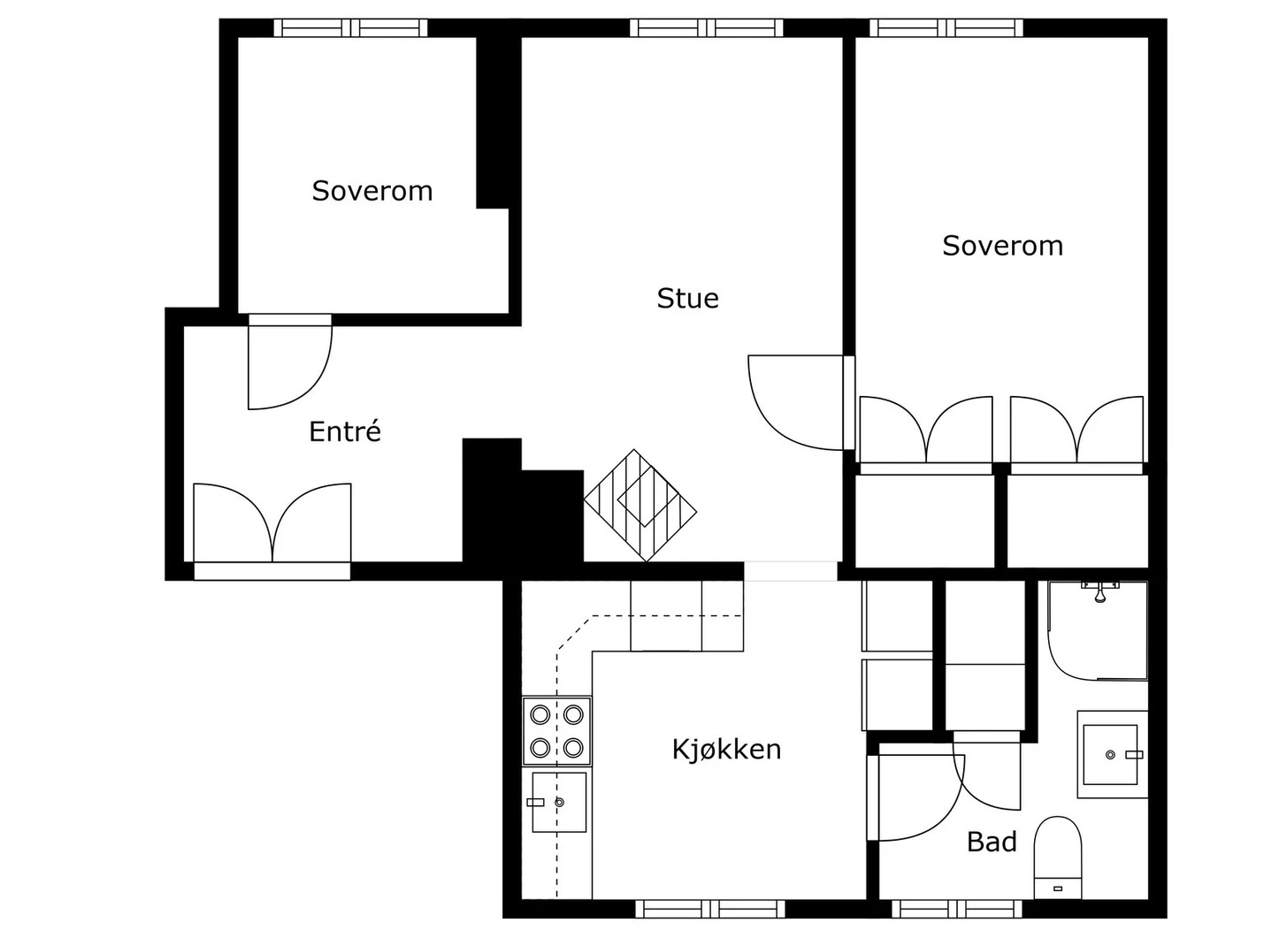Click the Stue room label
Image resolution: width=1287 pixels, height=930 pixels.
(687, 299)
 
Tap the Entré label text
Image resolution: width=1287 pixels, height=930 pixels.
(345, 431)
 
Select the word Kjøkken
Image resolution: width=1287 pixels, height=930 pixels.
(726, 750)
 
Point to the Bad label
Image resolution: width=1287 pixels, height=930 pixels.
(992, 842)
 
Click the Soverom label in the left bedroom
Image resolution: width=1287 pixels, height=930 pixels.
(372, 191)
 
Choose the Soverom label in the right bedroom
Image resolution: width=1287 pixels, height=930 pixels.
(1002, 246)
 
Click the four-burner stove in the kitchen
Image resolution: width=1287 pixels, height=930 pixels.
(556, 731)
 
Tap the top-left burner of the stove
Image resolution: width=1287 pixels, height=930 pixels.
(540, 714)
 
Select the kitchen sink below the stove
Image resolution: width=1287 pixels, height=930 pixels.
(558, 802)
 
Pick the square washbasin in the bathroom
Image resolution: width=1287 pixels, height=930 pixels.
(1112, 754)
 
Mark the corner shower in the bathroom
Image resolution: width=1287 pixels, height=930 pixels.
(1097, 629)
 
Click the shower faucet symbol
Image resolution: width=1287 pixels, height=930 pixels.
(1099, 591)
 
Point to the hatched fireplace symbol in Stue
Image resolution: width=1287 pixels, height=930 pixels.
(640, 505)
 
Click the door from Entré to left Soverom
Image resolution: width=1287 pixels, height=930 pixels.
(289, 362)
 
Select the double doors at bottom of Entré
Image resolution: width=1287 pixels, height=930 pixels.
(272, 525)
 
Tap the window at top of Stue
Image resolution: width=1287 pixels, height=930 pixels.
(706, 27)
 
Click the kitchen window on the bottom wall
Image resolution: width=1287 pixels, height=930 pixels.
(709, 908)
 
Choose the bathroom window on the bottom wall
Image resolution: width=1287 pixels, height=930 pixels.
(956, 908)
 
